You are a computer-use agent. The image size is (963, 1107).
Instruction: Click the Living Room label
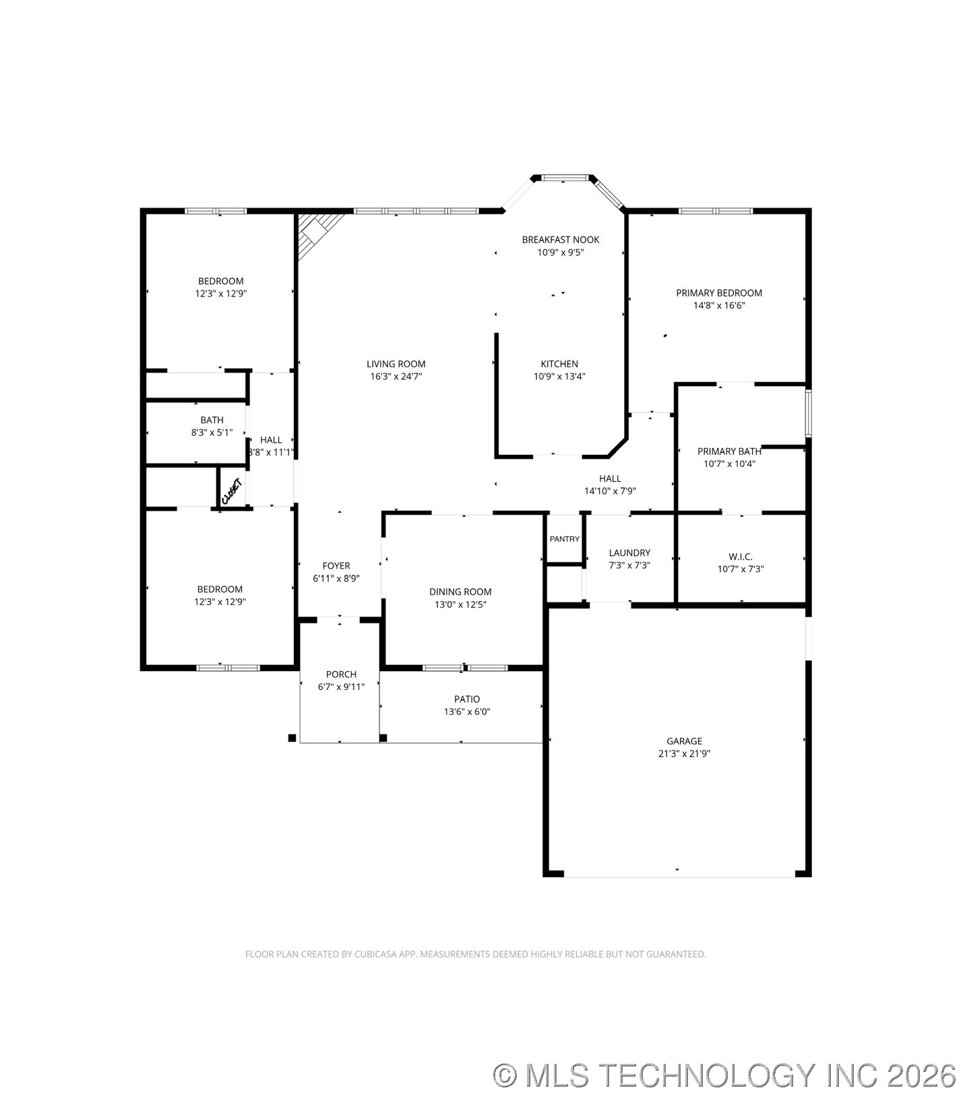(396, 364)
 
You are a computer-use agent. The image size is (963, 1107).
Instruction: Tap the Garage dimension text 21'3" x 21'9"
(684, 754)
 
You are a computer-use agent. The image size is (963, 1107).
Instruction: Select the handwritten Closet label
(231, 491)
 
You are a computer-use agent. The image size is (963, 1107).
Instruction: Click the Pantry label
(564, 539)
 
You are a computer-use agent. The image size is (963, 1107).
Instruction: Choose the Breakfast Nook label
(560, 240)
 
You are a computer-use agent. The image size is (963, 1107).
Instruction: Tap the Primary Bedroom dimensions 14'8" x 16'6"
(719, 305)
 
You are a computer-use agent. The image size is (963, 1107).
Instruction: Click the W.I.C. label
(740, 557)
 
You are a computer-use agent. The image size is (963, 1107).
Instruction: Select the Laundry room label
(629, 552)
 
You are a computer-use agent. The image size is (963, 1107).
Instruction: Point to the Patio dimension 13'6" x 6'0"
(466, 711)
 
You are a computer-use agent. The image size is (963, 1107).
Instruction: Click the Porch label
(341, 674)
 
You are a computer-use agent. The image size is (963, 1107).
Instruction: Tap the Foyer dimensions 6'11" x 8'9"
(336, 578)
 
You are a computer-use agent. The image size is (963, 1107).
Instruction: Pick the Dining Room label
(460, 592)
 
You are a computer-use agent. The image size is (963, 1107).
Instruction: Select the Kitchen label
(559, 364)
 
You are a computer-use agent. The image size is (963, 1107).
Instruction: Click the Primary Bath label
(728, 451)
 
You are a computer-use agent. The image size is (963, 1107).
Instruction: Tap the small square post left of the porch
(292, 738)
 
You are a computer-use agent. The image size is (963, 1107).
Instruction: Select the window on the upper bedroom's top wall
(216, 211)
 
